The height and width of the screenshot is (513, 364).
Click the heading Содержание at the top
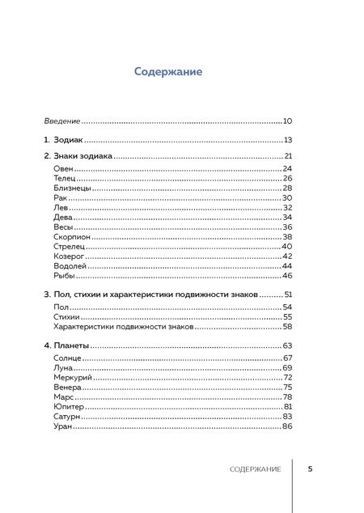pos(167,72)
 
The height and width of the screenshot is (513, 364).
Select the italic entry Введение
pos(61,121)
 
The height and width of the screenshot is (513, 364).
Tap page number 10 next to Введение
pos(287,121)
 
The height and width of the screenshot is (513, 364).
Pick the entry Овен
pos(62,168)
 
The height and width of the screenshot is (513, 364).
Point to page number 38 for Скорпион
pos(287,237)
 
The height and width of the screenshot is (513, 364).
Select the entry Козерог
pos(69,256)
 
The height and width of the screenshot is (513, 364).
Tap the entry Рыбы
pos(63,276)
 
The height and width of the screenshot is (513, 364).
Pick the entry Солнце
pos(67,358)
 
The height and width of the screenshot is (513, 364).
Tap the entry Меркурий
pos(72,377)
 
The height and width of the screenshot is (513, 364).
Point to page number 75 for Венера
pos(287,388)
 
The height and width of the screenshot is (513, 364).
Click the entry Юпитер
pos(68,407)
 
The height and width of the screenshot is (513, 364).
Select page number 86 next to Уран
pos(287,426)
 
